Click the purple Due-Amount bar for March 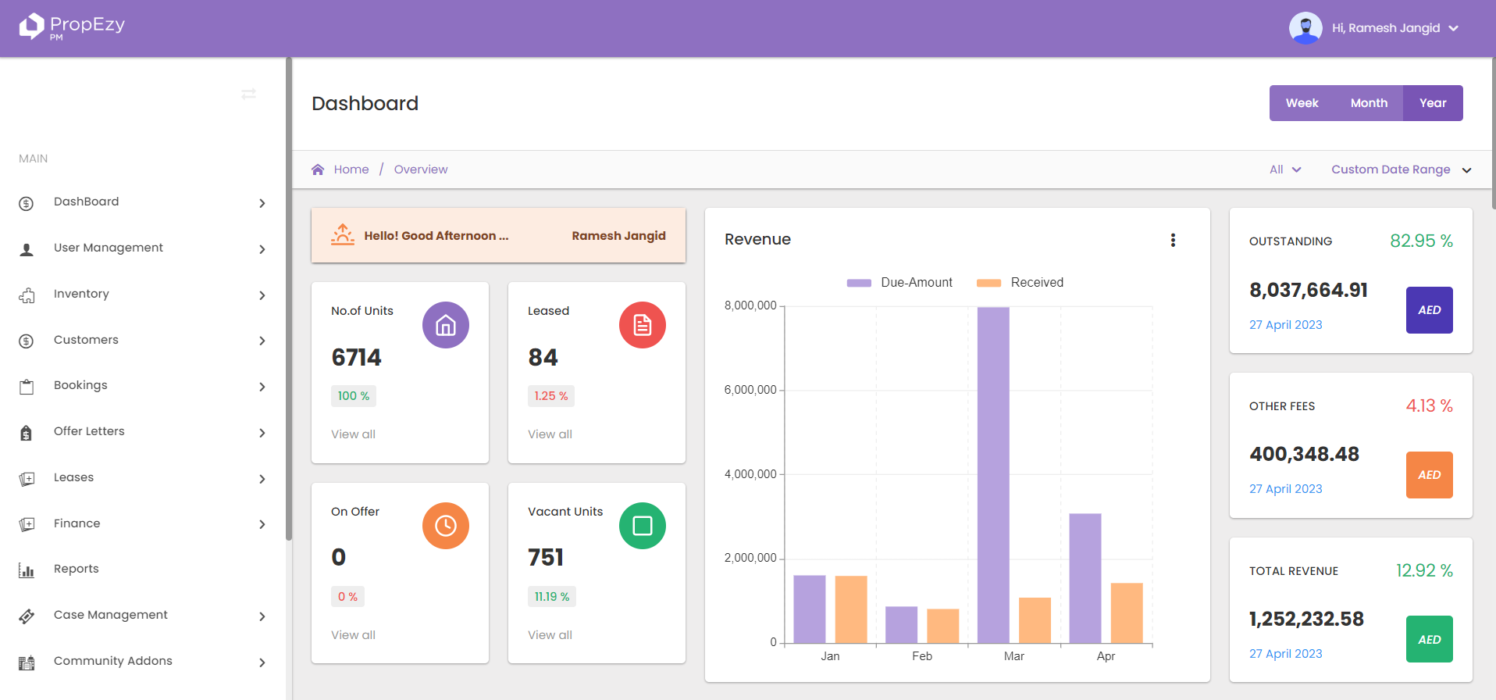pos(992,475)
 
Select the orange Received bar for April pos(1126,613)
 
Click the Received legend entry pos(1020,283)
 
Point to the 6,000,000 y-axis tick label pos(750,390)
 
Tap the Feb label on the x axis pos(921,656)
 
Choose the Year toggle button pos(1432,103)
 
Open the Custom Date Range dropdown pos(1401,170)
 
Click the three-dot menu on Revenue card pos(1172,240)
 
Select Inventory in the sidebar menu pos(81,294)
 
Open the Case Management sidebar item pos(110,615)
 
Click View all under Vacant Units pos(550,635)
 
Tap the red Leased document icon pos(642,325)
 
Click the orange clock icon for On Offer pos(445,526)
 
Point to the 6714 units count pos(356,358)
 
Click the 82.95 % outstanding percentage pos(1420,241)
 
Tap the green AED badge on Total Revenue pos(1429,639)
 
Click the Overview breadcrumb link pos(420,170)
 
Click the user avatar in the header pos(1305,28)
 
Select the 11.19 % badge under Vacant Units pos(551,597)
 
